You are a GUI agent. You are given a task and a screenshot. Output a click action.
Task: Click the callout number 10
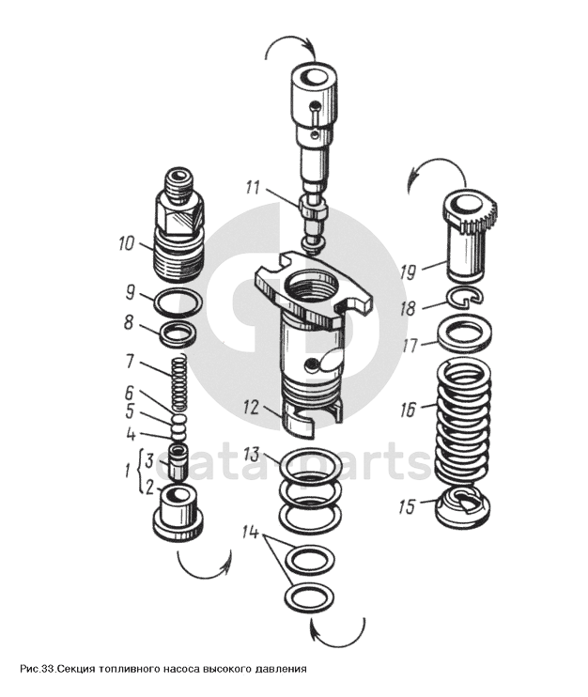127,243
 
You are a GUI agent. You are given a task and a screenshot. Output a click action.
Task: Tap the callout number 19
408,272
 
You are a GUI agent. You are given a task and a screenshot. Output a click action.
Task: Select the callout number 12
250,408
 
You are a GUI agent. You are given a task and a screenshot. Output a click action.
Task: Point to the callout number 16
408,409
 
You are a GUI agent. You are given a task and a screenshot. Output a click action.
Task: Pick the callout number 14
251,532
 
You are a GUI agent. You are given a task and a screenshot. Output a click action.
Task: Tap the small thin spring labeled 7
178,381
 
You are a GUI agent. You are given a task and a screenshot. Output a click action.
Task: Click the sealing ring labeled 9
178,302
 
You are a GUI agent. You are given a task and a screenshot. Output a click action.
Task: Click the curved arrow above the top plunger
290,40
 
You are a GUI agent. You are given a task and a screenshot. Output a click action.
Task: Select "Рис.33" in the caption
37,669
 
